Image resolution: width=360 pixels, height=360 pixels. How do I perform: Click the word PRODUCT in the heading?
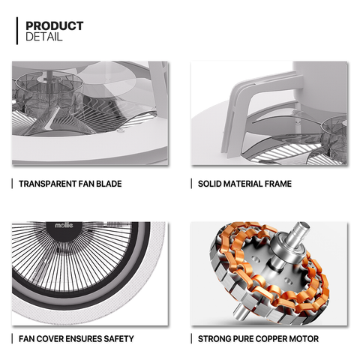click(x=55, y=26)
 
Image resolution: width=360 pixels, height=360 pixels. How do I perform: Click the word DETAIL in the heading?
click(x=43, y=37)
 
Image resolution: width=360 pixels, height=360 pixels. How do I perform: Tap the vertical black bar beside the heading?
click(x=17, y=31)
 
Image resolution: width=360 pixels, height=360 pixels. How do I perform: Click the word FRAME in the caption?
click(x=278, y=184)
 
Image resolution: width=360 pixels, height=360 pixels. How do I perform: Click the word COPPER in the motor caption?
click(x=271, y=339)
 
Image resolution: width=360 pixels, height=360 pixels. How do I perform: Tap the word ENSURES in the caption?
click(x=82, y=339)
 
